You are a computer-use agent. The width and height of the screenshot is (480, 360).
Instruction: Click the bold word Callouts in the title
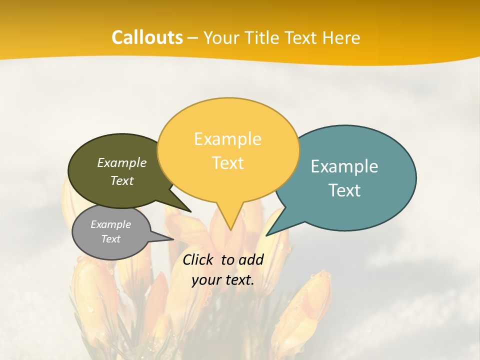147,37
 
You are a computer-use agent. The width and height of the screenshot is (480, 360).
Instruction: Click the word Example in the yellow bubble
227,139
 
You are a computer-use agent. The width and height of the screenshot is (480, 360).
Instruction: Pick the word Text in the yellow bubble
227,163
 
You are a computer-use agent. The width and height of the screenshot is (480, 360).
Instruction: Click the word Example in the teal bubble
344,166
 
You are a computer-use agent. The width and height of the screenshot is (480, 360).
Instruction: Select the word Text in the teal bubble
344,190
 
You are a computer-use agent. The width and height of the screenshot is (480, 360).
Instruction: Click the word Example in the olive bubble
122,162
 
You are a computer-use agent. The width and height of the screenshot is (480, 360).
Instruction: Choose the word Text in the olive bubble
122,180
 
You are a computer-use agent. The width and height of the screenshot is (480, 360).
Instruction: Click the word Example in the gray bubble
110,224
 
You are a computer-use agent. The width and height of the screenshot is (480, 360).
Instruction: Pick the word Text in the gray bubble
110,239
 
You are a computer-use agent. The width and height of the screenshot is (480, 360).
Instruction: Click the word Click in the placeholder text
198,259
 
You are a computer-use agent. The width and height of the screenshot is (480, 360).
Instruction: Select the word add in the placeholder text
250,259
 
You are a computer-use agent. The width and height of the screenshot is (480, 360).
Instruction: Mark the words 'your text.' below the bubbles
222,280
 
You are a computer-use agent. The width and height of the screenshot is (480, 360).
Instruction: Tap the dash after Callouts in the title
193,38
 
